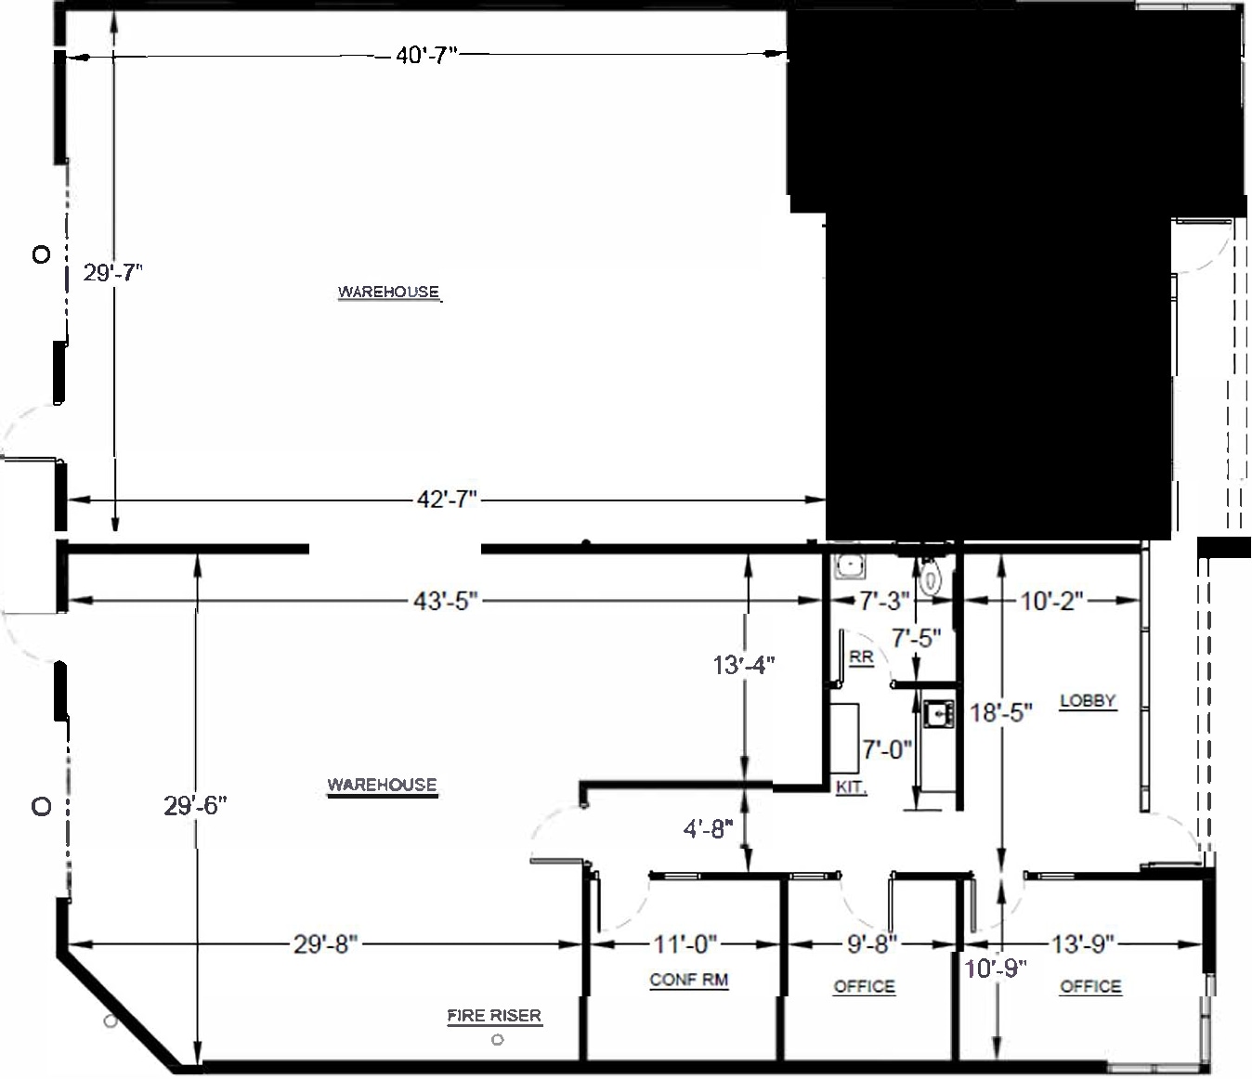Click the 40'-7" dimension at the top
point(427,56)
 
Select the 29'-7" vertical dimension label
point(113,273)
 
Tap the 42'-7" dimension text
point(447,500)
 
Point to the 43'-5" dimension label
point(446,602)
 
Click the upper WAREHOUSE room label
point(388,292)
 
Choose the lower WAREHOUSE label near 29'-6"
point(382,785)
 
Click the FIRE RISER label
point(494,1016)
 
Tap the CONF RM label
point(688,980)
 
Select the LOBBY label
point(1088,701)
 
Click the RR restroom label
point(861,657)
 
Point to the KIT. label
point(851,787)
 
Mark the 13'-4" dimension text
point(744,665)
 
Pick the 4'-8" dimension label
point(709,828)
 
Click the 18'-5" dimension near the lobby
point(1001,713)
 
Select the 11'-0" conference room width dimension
point(685,944)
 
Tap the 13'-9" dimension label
point(1083,944)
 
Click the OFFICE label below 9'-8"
point(865,986)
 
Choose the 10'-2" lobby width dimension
point(1052,602)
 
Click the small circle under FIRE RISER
point(497,1040)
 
